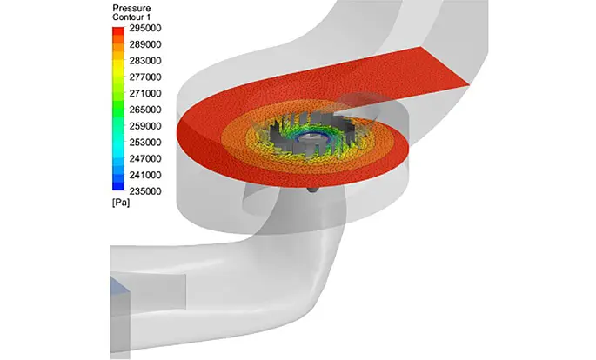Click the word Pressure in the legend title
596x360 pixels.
[x=131, y=8]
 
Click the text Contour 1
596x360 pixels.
[x=131, y=17]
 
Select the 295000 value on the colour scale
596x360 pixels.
[x=145, y=28]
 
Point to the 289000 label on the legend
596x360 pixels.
[x=145, y=44]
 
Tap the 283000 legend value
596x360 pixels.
[x=145, y=61]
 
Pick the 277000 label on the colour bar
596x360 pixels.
[x=145, y=77]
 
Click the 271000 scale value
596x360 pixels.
[x=145, y=93]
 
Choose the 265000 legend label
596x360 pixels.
[x=145, y=110]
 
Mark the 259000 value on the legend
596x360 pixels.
[x=145, y=126]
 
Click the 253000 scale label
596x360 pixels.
[x=145, y=143]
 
